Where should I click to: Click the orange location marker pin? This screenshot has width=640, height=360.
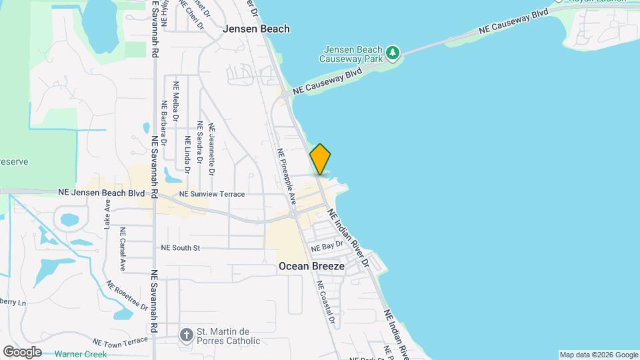[x=320, y=159]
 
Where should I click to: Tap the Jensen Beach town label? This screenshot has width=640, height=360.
[x=257, y=29]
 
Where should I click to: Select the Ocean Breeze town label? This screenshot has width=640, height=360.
[x=311, y=266]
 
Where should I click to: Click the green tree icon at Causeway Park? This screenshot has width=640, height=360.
[x=393, y=51]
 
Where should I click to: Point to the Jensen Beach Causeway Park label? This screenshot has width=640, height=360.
[x=352, y=55]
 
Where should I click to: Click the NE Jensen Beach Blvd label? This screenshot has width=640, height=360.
[x=101, y=192]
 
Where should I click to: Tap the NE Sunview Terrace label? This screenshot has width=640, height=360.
[x=212, y=194]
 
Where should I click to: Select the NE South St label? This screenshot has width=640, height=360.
[x=181, y=247]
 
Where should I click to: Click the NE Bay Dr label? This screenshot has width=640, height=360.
[x=327, y=245]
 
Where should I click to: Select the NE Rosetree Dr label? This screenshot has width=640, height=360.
[x=127, y=294]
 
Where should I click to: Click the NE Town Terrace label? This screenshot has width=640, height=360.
[x=120, y=341]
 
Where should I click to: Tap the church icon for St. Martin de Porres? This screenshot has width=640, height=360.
[x=187, y=332]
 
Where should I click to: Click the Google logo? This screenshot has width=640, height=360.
[x=22, y=352]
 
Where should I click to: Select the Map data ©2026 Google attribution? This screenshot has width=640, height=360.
[x=598, y=355]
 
